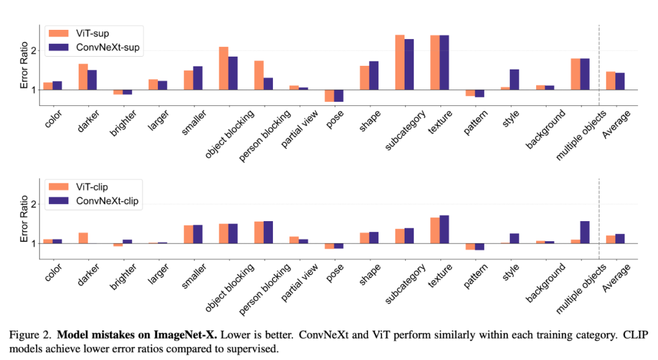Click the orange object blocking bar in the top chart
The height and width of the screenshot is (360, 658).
(x=224, y=68)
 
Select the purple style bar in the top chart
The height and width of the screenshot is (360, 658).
(x=514, y=79)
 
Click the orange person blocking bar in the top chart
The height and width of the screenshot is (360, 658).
(x=259, y=75)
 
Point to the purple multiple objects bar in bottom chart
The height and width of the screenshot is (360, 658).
(x=585, y=232)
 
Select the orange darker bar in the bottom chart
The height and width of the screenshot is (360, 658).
(x=83, y=238)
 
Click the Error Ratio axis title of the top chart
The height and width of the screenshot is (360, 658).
(x=24, y=70)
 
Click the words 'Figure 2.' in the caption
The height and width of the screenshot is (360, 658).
(x=29, y=334)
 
